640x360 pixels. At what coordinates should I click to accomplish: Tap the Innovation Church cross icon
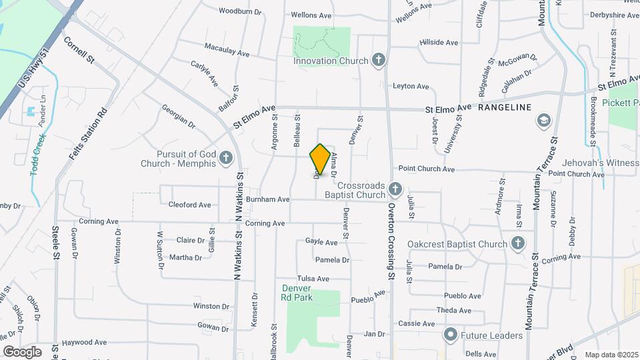[x=378, y=61]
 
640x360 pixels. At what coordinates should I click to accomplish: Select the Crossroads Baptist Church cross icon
[x=395, y=189]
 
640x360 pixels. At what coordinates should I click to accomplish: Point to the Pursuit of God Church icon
[x=226, y=158]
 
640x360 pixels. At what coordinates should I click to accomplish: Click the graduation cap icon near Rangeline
[x=543, y=121]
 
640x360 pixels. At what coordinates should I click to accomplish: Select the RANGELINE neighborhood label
[x=505, y=107]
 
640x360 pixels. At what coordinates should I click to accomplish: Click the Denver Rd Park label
[x=297, y=293]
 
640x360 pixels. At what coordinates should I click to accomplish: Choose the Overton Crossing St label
[x=391, y=239]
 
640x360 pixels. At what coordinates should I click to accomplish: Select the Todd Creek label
[x=38, y=155]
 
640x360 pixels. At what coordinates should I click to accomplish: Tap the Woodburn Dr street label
[x=239, y=11]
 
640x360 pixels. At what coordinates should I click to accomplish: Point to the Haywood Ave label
[x=84, y=343]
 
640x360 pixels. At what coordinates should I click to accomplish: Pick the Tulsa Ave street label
[x=313, y=279]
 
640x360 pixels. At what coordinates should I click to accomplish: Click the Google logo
[x=23, y=351]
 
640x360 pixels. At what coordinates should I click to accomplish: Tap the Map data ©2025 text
[x=611, y=355]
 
